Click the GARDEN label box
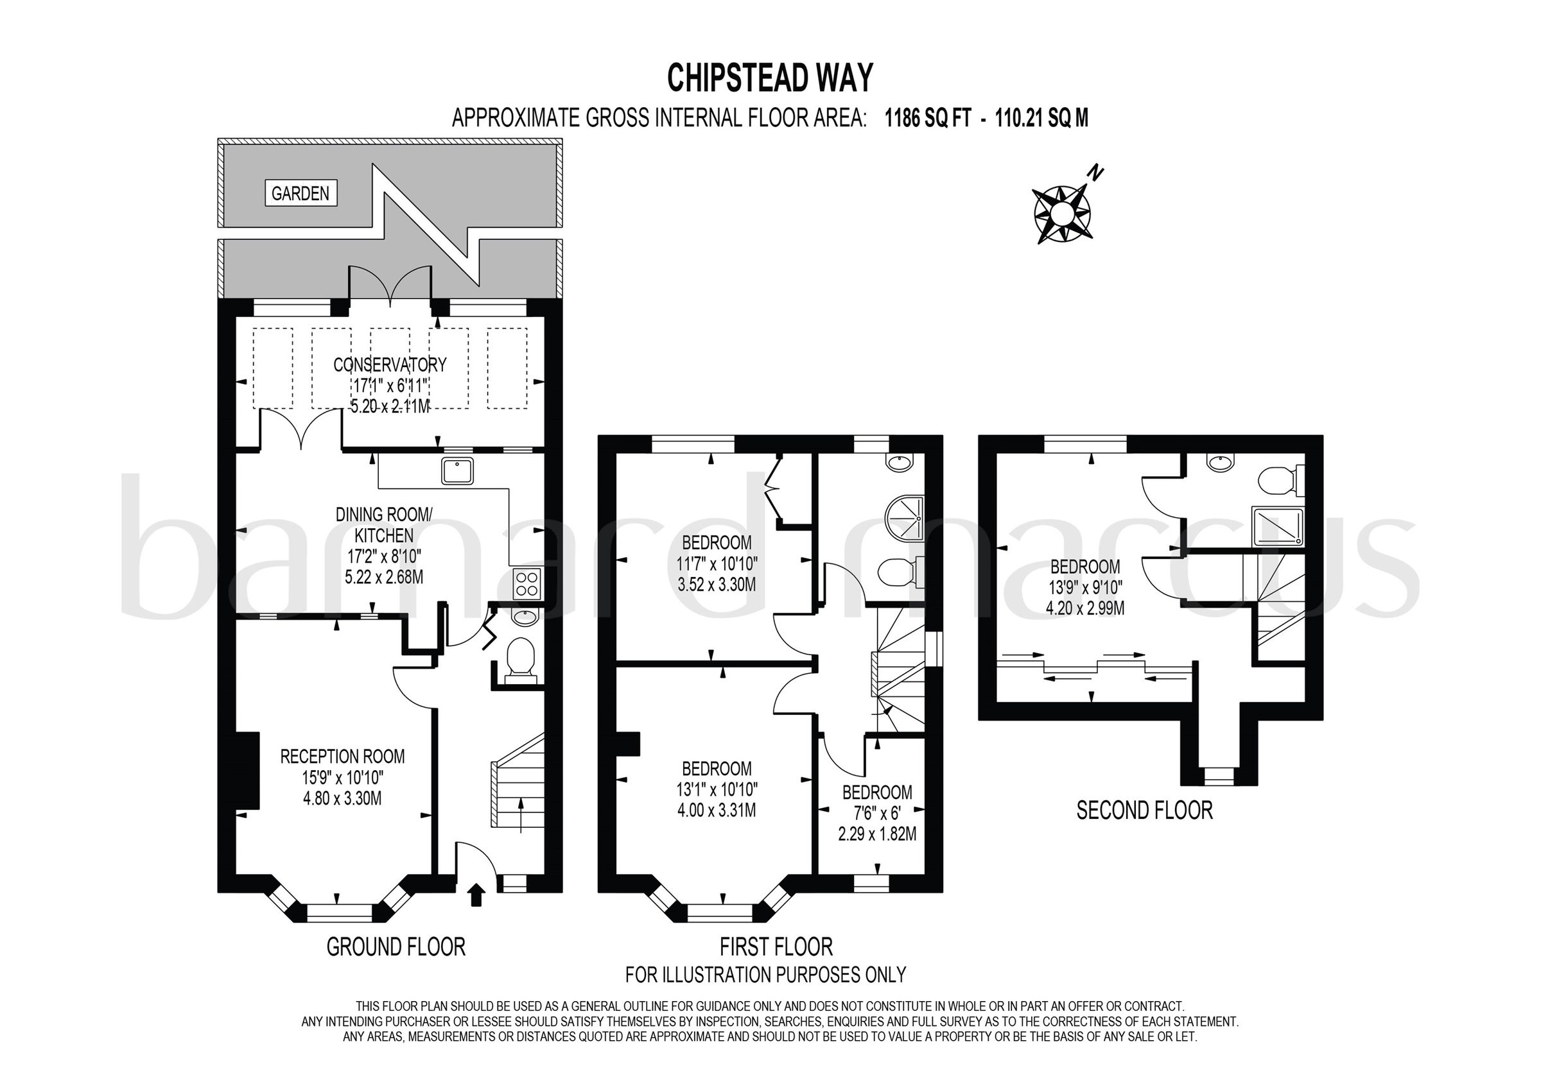coord(300,194)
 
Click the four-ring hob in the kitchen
coord(527,583)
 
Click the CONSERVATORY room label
coord(390,365)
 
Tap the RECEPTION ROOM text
coord(342,757)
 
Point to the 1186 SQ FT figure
coord(928,119)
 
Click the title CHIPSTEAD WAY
coord(770,78)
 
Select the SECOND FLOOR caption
coord(1144,810)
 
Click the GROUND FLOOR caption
coord(396,947)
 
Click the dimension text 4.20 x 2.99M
coord(1085,608)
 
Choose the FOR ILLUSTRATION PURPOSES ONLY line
coord(765,973)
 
